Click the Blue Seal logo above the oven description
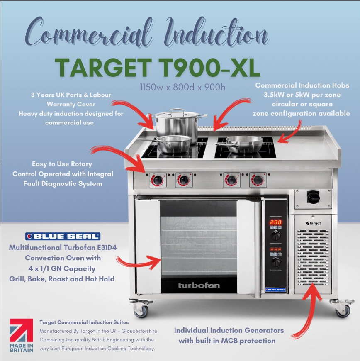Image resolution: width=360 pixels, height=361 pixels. (63, 236)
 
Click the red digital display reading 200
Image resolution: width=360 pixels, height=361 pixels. (275, 222)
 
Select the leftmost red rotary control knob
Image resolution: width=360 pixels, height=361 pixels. (157, 180)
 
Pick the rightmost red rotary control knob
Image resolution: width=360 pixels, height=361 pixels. (258, 180)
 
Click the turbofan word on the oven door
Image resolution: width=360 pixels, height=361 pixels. (199, 285)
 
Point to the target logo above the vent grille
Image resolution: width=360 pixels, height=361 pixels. (314, 223)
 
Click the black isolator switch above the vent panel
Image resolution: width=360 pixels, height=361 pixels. (313, 196)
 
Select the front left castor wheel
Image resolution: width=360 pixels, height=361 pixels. (141, 310)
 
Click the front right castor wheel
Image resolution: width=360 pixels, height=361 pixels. (343, 310)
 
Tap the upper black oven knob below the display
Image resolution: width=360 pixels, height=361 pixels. (275, 235)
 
